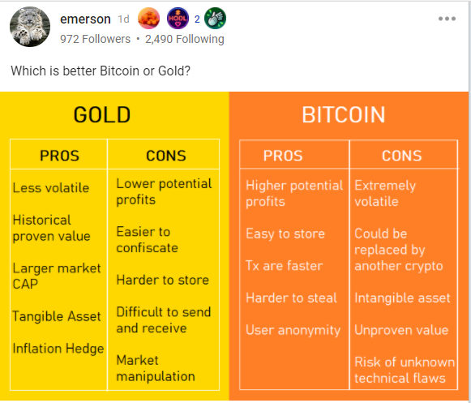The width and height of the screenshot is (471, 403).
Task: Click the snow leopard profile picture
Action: (x=30, y=27)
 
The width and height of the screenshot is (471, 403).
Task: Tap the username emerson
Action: (x=85, y=19)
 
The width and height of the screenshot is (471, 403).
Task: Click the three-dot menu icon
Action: (x=447, y=19)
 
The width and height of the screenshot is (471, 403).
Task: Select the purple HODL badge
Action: (x=178, y=19)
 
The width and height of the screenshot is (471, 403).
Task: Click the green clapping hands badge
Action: (x=215, y=19)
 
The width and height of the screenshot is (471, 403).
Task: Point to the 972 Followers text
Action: (x=95, y=39)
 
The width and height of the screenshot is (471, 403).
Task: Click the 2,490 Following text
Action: (x=185, y=39)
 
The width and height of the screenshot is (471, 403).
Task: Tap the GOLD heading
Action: (x=102, y=115)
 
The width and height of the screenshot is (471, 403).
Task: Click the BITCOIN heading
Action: (x=344, y=115)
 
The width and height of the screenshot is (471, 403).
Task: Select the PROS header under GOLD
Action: (x=59, y=156)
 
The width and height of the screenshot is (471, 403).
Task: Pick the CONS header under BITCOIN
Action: (x=401, y=156)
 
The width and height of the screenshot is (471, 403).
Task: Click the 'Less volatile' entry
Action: (x=51, y=188)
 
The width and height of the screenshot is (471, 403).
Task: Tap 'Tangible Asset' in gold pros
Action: (x=57, y=316)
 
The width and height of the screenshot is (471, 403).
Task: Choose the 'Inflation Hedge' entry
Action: (x=58, y=349)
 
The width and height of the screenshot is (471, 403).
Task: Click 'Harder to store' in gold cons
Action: (x=162, y=280)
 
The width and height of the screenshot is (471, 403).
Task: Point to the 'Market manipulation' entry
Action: (x=156, y=368)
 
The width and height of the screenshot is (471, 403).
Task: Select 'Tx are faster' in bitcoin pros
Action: (x=285, y=266)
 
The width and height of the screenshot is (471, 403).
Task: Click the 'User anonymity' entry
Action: (x=293, y=330)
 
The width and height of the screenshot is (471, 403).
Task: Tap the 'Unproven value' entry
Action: (x=401, y=330)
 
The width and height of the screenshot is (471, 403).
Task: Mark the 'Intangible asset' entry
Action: (x=402, y=298)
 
